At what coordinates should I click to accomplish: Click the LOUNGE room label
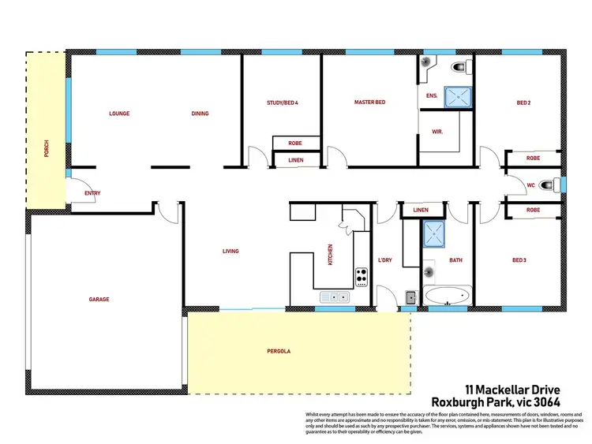(119, 114)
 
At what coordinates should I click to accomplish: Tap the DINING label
(200, 114)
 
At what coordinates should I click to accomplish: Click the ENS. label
(432, 96)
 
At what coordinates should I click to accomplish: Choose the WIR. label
(437, 132)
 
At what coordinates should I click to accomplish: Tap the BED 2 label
(523, 103)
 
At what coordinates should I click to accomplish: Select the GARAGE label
(99, 300)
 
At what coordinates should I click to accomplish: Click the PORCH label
(47, 148)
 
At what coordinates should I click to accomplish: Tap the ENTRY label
(92, 193)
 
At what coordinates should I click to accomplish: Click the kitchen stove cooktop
(362, 276)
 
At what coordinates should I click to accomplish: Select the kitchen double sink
(335, 297)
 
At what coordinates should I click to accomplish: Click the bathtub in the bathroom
(447, 297)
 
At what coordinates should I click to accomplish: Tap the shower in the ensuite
(455, 97)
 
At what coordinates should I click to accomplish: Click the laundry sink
(411, 297)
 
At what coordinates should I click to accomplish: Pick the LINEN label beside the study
(295, 161)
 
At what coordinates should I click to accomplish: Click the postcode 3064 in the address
(545, 401)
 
